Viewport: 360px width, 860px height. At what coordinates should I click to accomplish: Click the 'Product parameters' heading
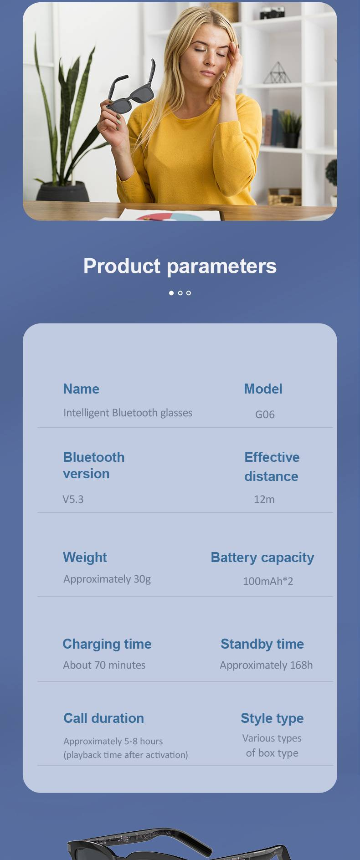[x=180, y=266]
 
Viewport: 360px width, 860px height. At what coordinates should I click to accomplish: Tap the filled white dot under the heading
[x=171, y=293]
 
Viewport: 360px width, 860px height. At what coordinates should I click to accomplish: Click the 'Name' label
[x=81, y=389]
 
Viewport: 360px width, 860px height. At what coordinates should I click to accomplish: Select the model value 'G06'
[x=265, y=415]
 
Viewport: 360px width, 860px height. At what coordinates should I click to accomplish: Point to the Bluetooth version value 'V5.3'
[x=73, y=499]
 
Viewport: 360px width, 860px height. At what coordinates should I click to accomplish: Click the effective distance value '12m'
[x=264, y=499]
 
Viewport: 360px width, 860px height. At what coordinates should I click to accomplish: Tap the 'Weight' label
[x=85, y=558]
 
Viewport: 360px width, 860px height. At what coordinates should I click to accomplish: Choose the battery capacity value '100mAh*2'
[x=268, y=581]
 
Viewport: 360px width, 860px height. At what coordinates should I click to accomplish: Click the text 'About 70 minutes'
[x=104, y=665]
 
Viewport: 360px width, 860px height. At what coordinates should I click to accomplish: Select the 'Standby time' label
[x=262, y=644]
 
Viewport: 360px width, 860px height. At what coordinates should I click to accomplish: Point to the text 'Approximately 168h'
[x=266, y=665]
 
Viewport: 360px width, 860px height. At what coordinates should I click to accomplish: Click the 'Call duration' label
[x=103, y=718]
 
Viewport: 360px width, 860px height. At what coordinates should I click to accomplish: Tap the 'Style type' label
[x=272, y=719]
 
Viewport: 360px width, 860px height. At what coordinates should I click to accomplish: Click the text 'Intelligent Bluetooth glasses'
[x=128, y=413]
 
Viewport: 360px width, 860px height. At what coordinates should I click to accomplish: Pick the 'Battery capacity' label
[x=262, y=558]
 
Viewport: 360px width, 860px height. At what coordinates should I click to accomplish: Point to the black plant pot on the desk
[x=62, y=192]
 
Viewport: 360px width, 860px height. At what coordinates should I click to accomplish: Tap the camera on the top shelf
[x=272, y=13]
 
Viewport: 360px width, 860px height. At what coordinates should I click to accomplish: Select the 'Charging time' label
[x=107, y=644]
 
